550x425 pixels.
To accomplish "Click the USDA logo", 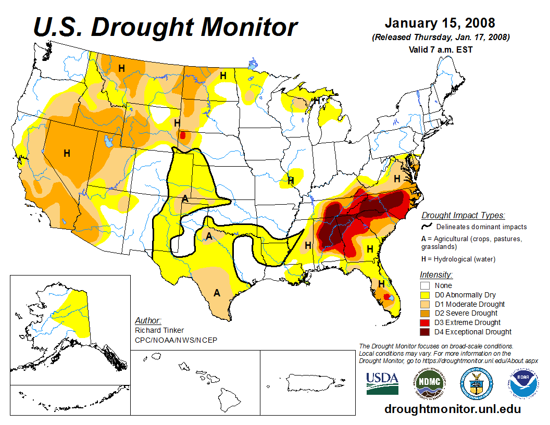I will (382, 383).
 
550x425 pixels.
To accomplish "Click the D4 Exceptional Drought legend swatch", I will (426, 332).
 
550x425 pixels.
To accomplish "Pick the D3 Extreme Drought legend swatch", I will (426, 322).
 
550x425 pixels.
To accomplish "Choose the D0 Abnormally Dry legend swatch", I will (426, 295).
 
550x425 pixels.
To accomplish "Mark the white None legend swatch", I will (426, 285).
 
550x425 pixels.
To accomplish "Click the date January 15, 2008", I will (440, 23).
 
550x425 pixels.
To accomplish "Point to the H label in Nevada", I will (67, 153).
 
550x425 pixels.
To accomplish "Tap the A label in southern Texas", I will (217, 293).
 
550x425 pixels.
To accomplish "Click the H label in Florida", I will (381, 284).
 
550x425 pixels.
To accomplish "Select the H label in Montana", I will (121, 68).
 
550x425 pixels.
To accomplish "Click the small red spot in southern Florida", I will (386, 296).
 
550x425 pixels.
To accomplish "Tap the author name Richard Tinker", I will (159, 330).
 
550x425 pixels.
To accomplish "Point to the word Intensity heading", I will (436, 274).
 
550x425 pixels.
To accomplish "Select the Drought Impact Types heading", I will (463, 215).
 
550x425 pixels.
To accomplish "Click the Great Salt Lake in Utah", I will (108, 141).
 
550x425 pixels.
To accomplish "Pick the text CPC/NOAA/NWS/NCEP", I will (176, 340).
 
